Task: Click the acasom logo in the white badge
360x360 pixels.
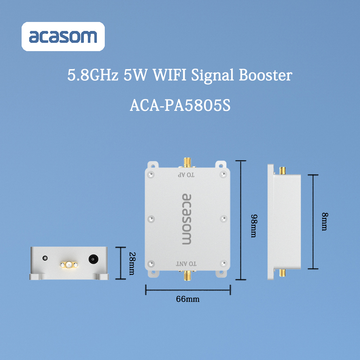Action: (63, 36)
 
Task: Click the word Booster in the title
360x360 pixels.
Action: (265, 75)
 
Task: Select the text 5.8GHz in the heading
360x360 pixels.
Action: (93, 75)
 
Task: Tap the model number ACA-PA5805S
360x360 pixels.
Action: (180, 105)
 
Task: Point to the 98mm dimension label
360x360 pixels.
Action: (254, 226)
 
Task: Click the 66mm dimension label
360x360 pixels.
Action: (188, 299)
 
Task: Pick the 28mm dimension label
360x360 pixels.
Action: (132, 264)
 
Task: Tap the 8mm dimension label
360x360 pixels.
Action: (325, 221)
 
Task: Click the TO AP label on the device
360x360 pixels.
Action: (186, 175)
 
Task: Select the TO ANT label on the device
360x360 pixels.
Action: (186, 264)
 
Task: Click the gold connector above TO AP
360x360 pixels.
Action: (187, 163)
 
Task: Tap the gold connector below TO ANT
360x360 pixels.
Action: (187, 275)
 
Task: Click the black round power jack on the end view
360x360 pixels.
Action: (94, 259)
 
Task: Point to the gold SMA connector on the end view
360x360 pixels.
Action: (69, 265)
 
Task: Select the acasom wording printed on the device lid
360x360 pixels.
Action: (186, 219)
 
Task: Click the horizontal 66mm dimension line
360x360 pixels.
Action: (188, 290)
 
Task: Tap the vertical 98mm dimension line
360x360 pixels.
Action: (240, 220)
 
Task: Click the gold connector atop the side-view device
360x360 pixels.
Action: (282, 171)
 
